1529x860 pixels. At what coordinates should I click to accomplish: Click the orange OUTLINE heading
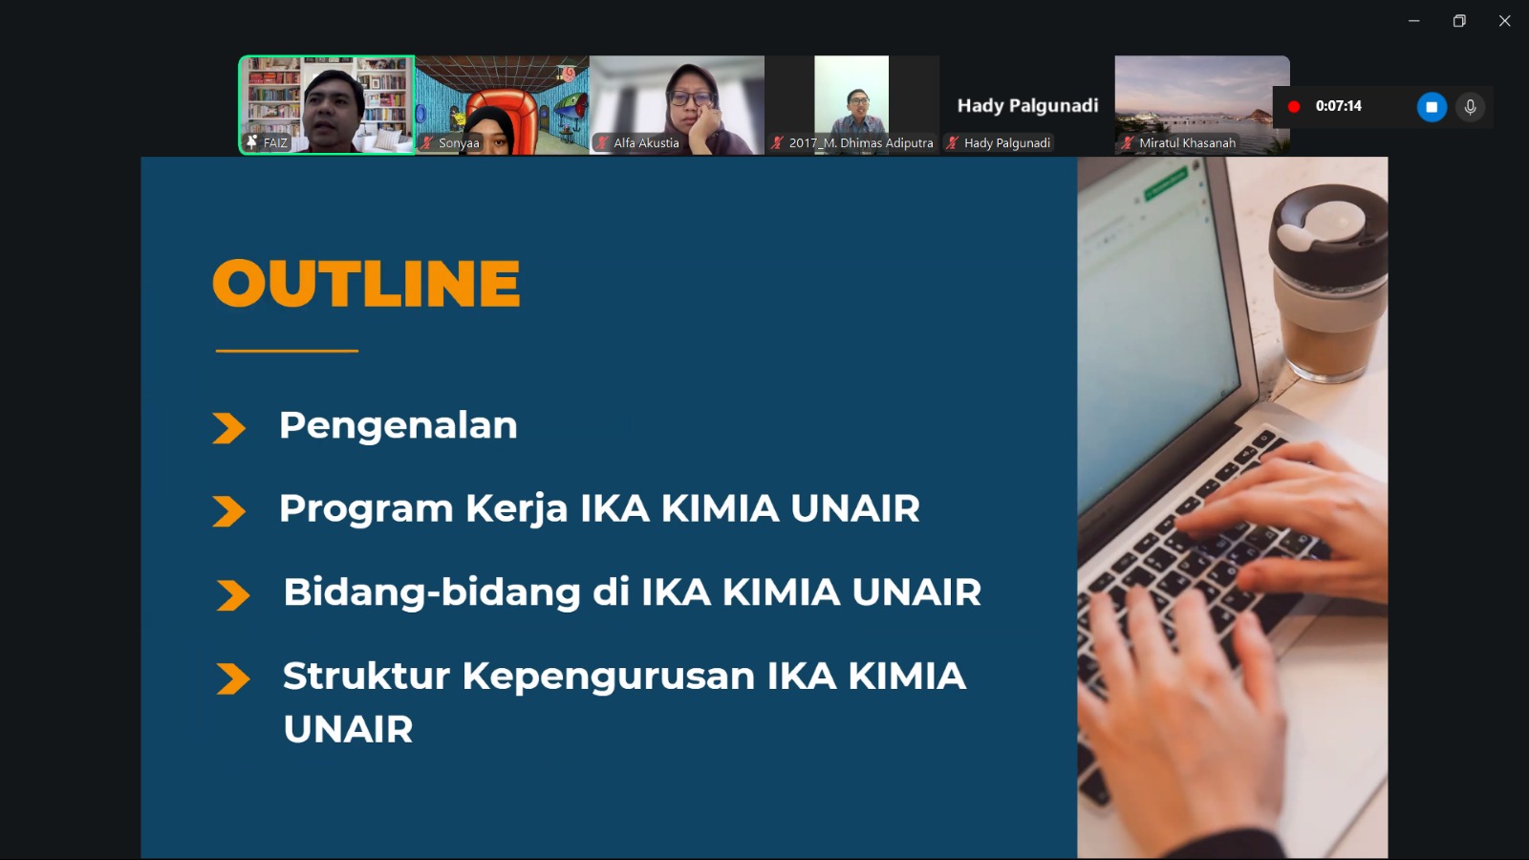point(366,283)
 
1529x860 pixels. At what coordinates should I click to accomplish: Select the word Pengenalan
point(398,426)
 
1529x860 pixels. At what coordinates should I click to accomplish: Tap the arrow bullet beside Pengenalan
point(228,428)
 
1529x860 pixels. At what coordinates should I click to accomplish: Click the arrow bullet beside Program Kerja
point(228,511)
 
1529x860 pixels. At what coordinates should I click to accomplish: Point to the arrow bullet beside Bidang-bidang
point(233,595)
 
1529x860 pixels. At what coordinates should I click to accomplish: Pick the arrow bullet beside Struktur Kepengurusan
point(233,679)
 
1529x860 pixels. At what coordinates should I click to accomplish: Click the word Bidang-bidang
point(432,593)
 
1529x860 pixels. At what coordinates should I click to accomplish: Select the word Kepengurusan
point(608,677)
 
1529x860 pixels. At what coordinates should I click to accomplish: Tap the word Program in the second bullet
point(366,510)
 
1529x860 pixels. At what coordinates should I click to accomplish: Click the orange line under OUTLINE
point(287,351)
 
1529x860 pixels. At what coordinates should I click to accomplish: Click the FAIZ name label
point(275,143)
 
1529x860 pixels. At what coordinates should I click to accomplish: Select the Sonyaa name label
point(459,143)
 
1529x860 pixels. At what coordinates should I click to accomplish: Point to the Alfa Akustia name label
point(646,143)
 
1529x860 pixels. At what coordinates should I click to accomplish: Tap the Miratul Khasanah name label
point(1187,143)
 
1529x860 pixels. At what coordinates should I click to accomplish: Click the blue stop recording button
point(1432,107)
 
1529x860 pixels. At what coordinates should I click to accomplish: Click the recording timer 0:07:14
point(1338,106)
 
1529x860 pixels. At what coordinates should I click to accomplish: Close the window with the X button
point(1504,21)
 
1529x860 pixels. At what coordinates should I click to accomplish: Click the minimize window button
point(1413,21)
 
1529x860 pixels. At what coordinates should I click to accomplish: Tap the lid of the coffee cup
point(1327,232)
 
